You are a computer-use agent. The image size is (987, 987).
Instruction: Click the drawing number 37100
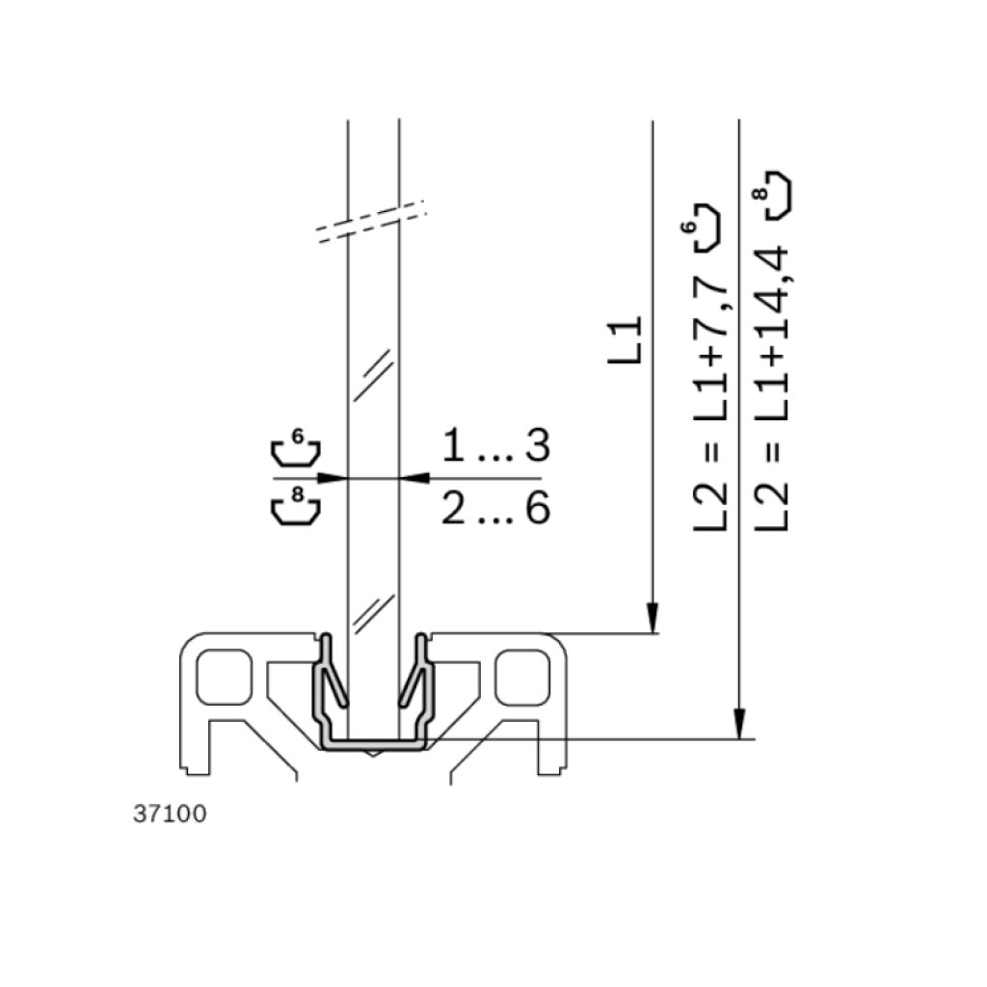(170, 814)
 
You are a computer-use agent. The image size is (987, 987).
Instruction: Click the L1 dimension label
(625, 340)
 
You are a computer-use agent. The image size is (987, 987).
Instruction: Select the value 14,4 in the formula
(772, 296)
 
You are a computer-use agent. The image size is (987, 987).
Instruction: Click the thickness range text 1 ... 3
(496, 445)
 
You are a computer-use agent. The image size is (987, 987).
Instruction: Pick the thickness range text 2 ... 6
(496, 508)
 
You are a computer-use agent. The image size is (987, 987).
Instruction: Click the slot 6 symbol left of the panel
(296, 447)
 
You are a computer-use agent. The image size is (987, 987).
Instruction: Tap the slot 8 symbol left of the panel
(296, 505)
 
